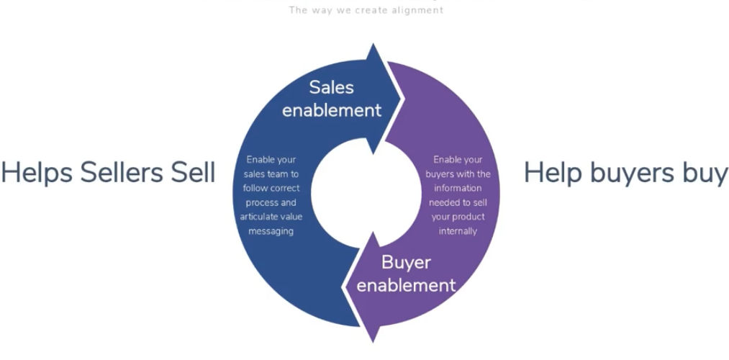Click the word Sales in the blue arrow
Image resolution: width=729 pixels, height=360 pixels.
332,88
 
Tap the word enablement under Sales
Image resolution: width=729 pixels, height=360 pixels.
332,110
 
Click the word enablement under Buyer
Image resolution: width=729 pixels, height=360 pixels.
406,285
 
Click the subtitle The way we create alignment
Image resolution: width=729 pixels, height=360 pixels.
366,10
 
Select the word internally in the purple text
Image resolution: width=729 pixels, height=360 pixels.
458,231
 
